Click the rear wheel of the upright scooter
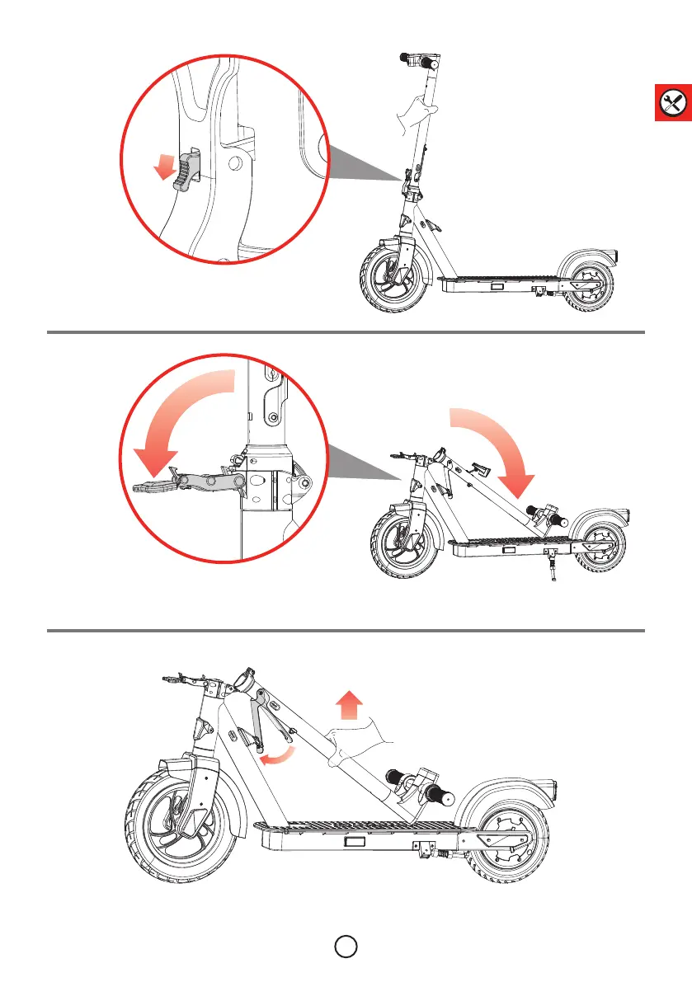591,289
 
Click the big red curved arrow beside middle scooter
495,449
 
